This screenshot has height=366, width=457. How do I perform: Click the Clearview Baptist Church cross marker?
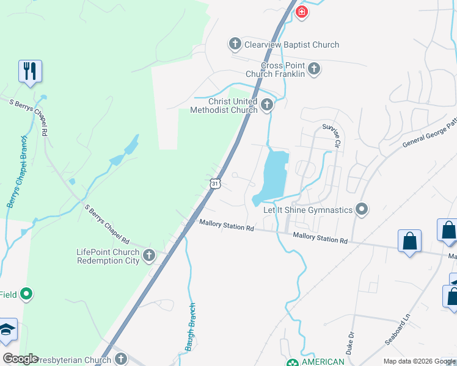point(235,44)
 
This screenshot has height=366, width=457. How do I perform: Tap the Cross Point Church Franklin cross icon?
point(314,68)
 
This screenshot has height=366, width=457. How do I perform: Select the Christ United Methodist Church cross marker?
point(266,106)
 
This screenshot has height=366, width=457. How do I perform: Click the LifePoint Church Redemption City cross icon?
point(149,256)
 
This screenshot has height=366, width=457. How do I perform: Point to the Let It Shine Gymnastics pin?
point(362,210)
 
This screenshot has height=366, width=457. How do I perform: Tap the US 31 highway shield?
point(213,183)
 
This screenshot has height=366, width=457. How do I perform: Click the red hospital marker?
point(301,12)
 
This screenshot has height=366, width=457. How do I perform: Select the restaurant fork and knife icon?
point(30,71)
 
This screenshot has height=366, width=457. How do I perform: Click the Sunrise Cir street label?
point(331,135)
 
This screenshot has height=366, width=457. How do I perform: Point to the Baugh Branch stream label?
point(191,327)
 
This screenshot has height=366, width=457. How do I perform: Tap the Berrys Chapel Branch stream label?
point(16,181)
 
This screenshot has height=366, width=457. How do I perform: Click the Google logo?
point(20,359)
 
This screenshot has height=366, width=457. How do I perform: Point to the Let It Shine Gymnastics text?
point(308,210)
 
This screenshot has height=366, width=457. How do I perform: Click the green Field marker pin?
point(26,295)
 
